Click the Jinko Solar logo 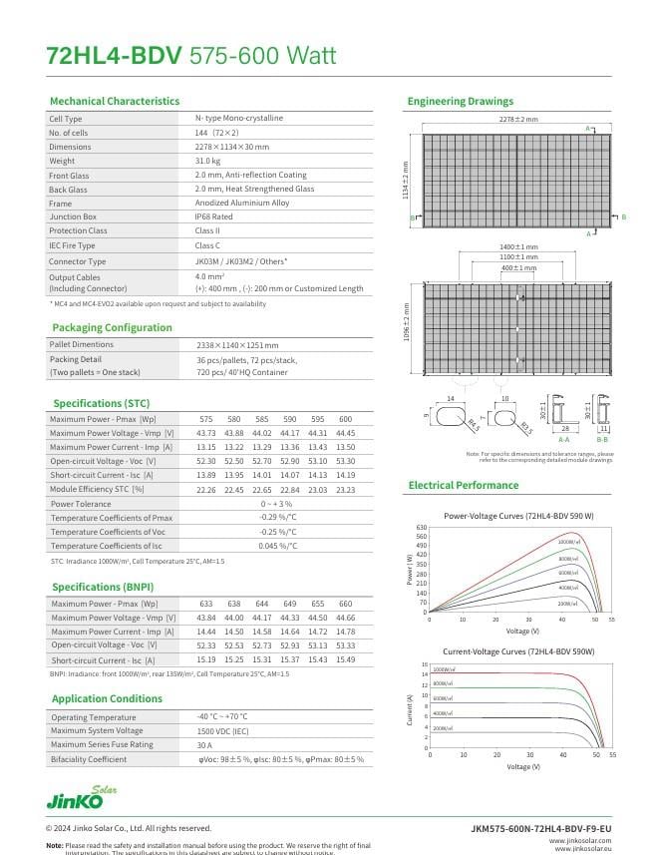tap(81, 798)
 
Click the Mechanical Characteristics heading tap(115, 101)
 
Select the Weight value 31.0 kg tap(207, 161)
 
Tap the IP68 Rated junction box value tap(213, 216)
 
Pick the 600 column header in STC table tap(345, 419)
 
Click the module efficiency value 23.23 tap(345, 490)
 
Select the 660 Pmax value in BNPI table tap(345, 604)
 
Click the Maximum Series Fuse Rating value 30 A tap(204, 745)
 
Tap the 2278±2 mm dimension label tap(518, 120)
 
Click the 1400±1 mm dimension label tap(518, 246)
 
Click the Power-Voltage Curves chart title tap(518, 516)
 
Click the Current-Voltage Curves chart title tap(518, 650)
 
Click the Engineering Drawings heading tap(460, 101)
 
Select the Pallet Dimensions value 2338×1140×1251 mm tap(237, 345)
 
